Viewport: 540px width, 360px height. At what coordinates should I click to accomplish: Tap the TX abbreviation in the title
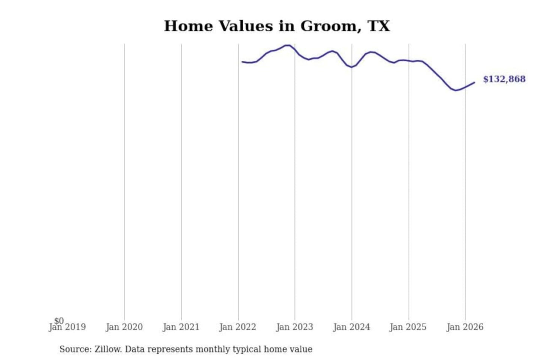[379, 26]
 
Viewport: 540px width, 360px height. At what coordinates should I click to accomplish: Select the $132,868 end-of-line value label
[504, 79]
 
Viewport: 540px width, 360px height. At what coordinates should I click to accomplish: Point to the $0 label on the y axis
[59, 321]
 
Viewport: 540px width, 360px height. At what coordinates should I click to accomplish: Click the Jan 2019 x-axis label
[67, 327]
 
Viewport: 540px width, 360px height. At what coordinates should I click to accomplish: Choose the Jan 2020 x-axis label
[124, 327]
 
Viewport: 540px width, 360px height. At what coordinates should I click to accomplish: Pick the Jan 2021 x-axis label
[181, 327]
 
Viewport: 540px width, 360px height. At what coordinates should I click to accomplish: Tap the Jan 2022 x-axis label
[238, 327]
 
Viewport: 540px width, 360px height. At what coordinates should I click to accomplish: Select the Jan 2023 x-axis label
[295, 327]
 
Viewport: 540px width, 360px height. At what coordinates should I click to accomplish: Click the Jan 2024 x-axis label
[351, 327]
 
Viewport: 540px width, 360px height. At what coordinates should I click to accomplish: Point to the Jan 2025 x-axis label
[408, 327]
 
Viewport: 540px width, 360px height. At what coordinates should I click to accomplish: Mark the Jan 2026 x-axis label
[465, 327]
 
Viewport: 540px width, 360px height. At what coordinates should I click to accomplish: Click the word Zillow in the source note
[108, 349]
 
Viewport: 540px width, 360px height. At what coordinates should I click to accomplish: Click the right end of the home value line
[474, 82]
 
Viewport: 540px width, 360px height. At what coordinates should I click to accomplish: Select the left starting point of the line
[242, 61]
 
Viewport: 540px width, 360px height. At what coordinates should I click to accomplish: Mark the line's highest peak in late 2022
[288, 45]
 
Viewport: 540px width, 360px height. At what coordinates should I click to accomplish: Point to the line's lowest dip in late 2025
[456, 90]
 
